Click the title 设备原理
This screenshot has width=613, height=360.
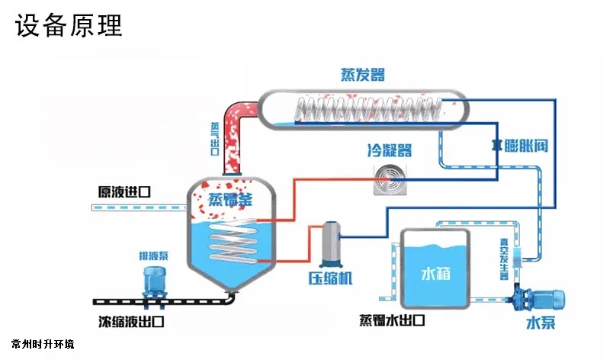[68, 27]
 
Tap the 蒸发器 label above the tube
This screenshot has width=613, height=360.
[362, 75]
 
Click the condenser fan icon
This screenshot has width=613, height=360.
[390, 179]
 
